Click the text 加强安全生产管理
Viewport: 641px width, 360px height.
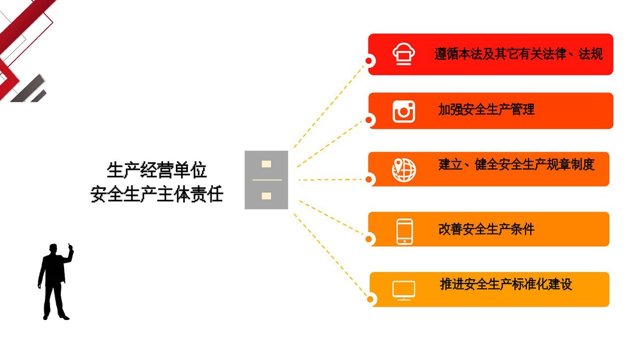coord(486,109)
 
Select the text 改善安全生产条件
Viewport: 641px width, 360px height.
coord(486,229)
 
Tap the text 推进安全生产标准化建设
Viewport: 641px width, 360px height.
coord(506,284)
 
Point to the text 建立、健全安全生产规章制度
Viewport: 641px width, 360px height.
coord(517,165)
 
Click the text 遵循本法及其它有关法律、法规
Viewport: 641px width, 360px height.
coord(518,54)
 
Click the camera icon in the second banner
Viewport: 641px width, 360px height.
coord(403,112)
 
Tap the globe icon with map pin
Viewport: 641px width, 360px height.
coord(404,170)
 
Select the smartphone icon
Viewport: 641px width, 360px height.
coord(405,232)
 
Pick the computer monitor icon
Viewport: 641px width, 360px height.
coord(403,291)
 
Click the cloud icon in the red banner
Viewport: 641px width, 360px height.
coord(403,54)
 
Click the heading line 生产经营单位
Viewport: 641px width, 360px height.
coord(157,170)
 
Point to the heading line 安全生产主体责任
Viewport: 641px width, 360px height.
coord(157,194)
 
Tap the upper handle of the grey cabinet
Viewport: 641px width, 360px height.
coord(266,164)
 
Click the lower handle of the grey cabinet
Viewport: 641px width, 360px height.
coord(266,196)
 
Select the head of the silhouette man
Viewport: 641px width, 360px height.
coord(53,249)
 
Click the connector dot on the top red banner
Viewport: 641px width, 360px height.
coord(369,61)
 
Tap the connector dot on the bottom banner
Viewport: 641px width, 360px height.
coord(370,299)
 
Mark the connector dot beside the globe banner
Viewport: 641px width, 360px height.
coord(369,179)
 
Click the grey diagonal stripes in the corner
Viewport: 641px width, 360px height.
coord(29,89)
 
